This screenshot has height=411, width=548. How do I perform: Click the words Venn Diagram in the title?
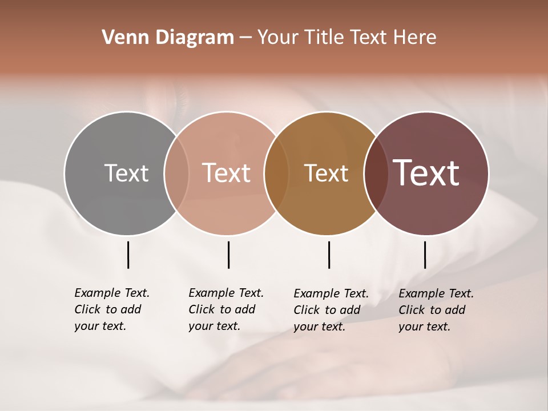(168, 38)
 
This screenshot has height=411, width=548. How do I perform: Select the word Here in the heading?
(415, 38)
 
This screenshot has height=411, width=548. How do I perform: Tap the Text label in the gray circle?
(126, 173)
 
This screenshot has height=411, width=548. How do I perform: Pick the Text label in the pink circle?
(226, 173)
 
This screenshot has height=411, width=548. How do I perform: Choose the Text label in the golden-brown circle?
(326, 173)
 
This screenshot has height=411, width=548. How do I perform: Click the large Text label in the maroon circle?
(426, 173)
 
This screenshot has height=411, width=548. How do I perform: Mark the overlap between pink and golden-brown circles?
(276, 173)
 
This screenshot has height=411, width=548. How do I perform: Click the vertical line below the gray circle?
(128, 255)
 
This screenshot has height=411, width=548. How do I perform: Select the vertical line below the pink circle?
(228, 255)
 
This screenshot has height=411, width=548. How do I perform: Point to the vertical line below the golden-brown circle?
(329, 255)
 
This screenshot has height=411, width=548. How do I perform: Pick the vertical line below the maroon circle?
(425, 255)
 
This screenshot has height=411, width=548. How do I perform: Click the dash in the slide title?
(245, 38)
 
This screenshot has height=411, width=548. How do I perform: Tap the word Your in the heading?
(278, 38)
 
